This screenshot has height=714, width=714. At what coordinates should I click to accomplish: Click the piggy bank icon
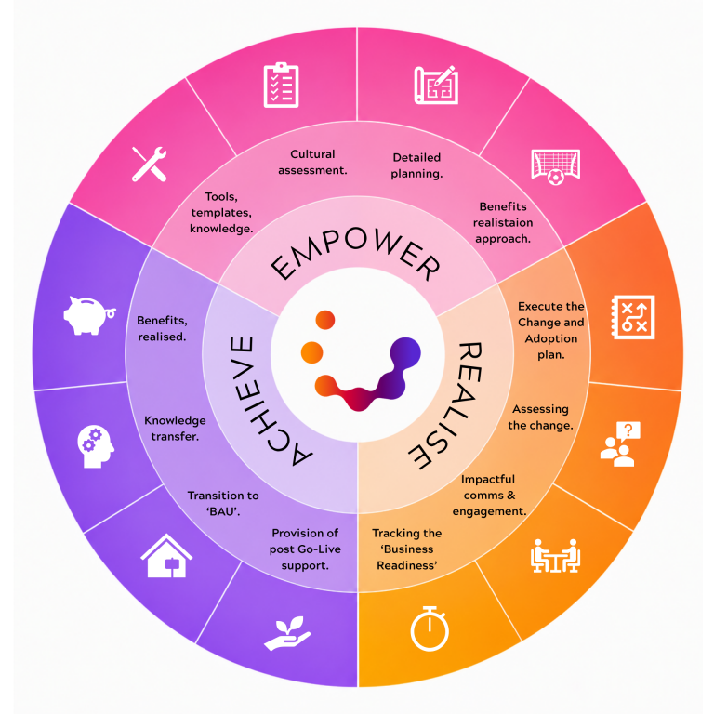pyautogui.click(x=89, y=315)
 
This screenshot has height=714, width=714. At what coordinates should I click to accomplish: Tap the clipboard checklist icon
pyautogui.click(x=281, y=86)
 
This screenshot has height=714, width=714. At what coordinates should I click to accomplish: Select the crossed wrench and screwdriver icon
pyautogui.click(x=149, y=165)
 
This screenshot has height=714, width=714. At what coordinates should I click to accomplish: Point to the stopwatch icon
pyautogui.click(x=430, y=628)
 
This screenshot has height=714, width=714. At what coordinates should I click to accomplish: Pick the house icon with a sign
pyautogui.click(x=166, y=556)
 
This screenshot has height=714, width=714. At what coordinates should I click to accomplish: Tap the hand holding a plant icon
pyautogui.click(x=287, y=633)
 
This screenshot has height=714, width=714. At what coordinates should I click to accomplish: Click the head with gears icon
pyautogui.click(x=96, y=446)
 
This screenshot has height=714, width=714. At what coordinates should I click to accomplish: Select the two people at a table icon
pyautogui.click(x=555, y=556)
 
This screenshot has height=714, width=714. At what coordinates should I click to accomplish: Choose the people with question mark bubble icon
pyautogui.click(x=620, y=444)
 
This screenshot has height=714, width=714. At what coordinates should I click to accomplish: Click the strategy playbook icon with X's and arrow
pyautogui.click(x=632, y=317)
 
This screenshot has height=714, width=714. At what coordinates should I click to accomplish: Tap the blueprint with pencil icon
pyautogui.click(x=436, y=86)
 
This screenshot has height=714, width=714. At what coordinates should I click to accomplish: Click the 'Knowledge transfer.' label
pyautogui.click(x=175, y=428)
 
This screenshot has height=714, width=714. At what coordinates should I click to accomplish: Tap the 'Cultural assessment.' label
pyautogui.click(x=312, y=162)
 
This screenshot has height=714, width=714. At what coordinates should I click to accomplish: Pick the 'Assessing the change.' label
pyautogui.click(x=540, y=417)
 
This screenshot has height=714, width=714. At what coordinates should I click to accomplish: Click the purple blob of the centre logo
pyautogui.click(x=401, y=364)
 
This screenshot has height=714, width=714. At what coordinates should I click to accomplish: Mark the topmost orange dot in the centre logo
pyautogui.click(x=325, y=320)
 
